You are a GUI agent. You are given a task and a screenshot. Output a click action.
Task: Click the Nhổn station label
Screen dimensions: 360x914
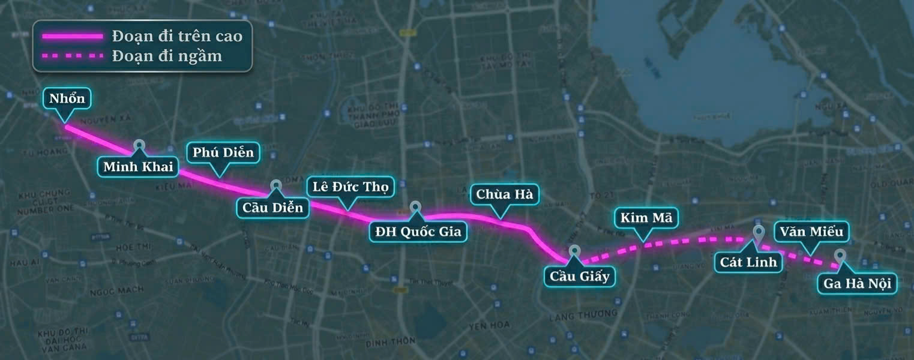67,98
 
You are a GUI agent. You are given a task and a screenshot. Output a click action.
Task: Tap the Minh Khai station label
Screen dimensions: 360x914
138,166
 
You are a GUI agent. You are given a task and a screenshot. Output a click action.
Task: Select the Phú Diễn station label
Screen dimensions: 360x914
223,152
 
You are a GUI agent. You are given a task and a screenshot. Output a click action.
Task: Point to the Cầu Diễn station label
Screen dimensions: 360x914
273,208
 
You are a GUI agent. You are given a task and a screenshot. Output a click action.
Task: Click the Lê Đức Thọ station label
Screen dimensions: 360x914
350,186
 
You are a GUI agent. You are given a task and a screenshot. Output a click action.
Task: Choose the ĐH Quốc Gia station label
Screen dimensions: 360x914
418,232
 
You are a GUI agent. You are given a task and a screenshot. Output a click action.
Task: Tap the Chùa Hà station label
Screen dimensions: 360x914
504,194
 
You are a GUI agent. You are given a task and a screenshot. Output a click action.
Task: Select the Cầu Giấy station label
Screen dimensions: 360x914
579,276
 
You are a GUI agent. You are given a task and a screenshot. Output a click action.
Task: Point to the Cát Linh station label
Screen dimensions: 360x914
748,262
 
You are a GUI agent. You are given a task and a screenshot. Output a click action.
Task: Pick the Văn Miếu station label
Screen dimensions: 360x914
812,231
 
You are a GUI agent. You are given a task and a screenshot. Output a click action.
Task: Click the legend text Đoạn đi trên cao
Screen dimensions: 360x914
177,36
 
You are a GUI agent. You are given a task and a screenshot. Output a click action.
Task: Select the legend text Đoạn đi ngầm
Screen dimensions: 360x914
167,56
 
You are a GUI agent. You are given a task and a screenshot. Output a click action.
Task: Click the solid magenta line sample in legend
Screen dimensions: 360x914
73,37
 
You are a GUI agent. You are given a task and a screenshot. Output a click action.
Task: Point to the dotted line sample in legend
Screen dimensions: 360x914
73,57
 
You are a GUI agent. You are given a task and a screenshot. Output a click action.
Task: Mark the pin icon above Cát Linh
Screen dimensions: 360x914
759,233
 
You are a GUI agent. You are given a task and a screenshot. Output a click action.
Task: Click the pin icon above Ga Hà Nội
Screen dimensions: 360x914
840,256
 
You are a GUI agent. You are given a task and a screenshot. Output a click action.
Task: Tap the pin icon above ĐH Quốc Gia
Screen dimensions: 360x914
416,207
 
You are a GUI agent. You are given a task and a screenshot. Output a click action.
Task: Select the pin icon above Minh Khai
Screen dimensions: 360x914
139,145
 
